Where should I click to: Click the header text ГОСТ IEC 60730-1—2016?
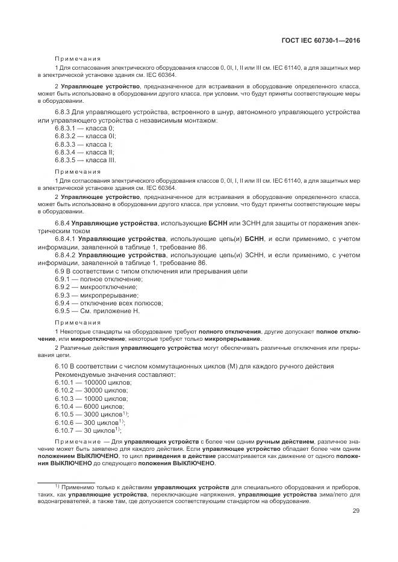coord(326,41)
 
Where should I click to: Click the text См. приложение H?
coord(112,311)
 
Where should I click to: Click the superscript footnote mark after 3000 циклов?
coord(125,413)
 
